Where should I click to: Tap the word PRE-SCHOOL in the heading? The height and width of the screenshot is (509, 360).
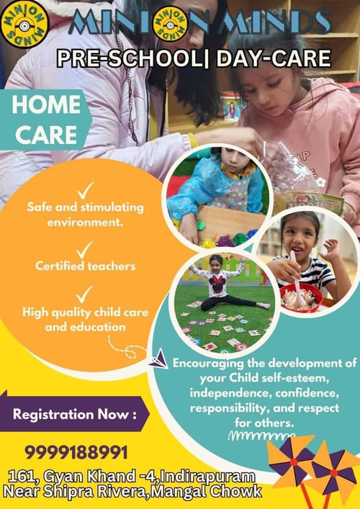coord(122,57)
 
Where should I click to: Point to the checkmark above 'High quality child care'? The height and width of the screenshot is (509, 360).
coord(85,293)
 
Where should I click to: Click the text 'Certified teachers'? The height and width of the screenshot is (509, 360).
coord(85,266)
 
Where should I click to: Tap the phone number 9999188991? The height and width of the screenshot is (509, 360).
coord(76,452)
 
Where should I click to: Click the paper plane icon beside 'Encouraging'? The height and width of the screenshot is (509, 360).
coord(161,358)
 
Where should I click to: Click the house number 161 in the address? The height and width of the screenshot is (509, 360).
coord(22,476)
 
